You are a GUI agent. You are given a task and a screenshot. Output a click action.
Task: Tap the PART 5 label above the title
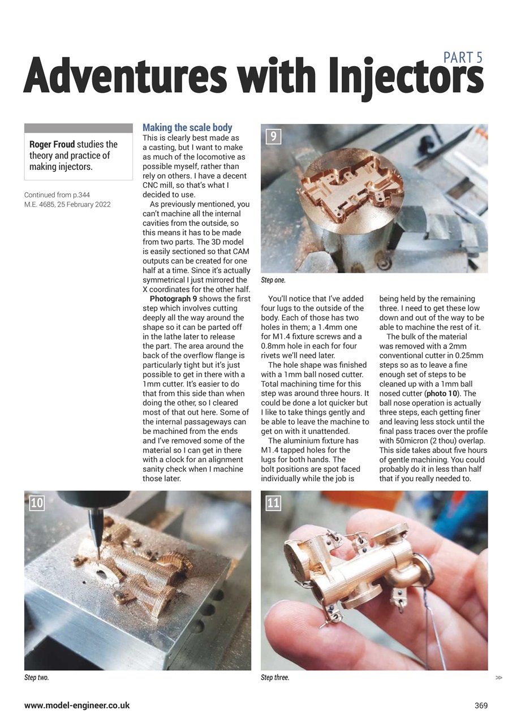(463, 58)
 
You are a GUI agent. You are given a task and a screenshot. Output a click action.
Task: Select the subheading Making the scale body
(187, 128)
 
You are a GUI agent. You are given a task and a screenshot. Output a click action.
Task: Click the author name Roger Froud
(52, 145)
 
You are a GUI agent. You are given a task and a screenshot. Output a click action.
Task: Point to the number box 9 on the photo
(273, 136)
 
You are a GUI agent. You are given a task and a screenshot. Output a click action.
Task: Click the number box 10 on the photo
(36, 502)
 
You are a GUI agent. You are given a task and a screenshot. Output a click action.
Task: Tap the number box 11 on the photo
(273, 502)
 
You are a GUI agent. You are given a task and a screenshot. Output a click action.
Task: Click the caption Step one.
(273, 280)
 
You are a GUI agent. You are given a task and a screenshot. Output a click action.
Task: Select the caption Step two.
(36, 678)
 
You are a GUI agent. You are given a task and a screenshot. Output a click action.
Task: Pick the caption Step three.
(275, 678)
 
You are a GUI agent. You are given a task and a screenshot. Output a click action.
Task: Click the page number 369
(481, 705)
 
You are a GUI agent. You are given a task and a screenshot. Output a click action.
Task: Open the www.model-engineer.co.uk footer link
(77, 705)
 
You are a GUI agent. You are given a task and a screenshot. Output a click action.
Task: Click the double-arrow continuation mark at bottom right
(498, 677)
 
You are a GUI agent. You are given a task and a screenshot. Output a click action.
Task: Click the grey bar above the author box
(78, 128)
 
